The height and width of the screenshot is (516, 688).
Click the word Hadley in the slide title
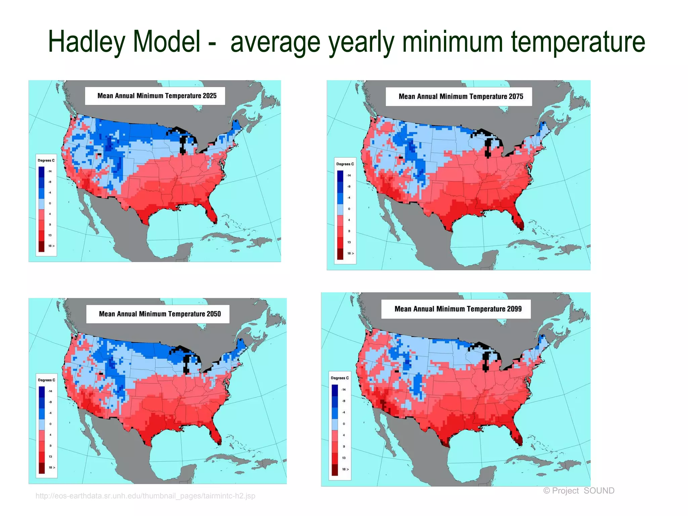87,42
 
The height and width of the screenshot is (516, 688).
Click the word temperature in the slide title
578,42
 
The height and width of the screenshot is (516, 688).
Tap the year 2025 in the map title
210,96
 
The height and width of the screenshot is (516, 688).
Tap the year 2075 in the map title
516,97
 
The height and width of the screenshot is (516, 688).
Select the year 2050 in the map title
214,314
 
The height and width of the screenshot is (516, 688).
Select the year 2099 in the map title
514,309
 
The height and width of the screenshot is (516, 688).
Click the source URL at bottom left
145,496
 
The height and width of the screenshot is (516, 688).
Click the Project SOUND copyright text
578,490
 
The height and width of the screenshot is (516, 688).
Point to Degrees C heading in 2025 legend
46,160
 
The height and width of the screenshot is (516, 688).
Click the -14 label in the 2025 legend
50,171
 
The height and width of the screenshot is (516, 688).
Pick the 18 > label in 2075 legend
350,253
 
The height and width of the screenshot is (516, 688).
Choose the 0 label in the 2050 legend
50,424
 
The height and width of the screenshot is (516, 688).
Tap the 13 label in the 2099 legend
344,458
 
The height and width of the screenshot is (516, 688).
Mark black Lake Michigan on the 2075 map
488,148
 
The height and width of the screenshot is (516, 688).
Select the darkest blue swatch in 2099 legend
335,390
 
